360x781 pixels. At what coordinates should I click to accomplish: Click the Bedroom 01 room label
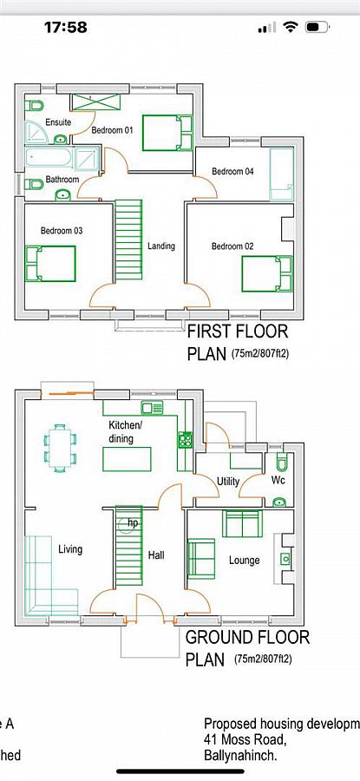112,130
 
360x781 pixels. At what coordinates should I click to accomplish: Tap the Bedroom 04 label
232,172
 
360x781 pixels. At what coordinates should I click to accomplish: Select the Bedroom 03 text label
61,231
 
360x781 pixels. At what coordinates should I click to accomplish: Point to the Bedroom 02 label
232,246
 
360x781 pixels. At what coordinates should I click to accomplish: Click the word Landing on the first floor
160,246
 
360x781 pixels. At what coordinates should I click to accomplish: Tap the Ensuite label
58,122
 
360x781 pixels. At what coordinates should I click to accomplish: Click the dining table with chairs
60,443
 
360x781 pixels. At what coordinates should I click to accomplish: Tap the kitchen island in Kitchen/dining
127,458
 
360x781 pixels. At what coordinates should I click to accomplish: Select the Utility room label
228,481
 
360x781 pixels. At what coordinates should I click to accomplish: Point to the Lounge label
244,561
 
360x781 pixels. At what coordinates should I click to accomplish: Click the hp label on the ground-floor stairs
133,523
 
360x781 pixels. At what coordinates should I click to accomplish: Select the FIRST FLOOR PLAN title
237,342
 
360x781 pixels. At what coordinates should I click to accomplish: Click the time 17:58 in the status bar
66,27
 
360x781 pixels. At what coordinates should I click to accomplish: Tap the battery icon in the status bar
323,27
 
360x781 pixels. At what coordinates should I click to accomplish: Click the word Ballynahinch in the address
240,755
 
